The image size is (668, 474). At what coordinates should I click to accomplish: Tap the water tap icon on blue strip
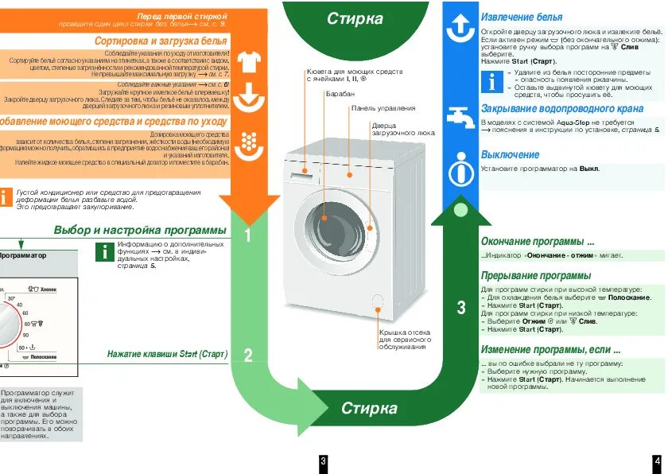[460, 115]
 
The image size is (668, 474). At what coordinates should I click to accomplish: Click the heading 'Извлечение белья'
[521, 17]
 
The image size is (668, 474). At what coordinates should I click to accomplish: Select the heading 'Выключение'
[510, 154]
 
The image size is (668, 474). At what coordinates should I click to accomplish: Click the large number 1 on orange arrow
[248, 235]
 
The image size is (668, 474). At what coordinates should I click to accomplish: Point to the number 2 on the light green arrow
[248, 355]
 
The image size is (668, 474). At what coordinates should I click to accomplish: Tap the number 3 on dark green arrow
[461, 309]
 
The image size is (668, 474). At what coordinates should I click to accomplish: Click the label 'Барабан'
[339, 94]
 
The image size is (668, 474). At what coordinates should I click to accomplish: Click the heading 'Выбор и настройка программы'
[140, 230]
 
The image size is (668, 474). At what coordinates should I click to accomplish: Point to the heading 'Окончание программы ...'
[538, 241]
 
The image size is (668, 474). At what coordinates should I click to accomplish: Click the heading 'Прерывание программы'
[535, 275]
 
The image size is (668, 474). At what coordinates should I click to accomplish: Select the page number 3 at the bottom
[323, 461]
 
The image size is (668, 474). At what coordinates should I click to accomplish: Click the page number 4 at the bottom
[657, 461]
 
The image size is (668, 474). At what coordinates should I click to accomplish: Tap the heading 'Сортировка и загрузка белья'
[161, 40]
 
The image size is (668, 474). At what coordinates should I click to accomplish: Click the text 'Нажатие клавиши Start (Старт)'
[167, 354]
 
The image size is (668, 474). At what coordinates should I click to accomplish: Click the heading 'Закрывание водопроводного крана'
[562, 109]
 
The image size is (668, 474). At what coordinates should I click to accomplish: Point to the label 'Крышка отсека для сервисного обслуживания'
[405, 339]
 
